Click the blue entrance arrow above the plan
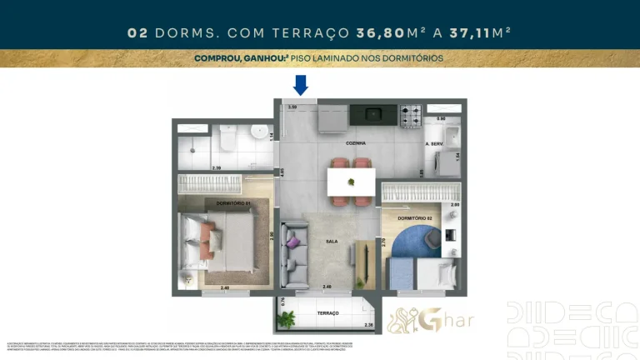[x=301, y=84]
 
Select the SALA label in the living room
[x=331, y=241]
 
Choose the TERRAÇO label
[x=327, y=313]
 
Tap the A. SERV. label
[x=433, y=144]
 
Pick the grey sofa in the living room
[x=293, y=253]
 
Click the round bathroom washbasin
[x=261, y=132]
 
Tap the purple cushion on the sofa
[x=294, y=242]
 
